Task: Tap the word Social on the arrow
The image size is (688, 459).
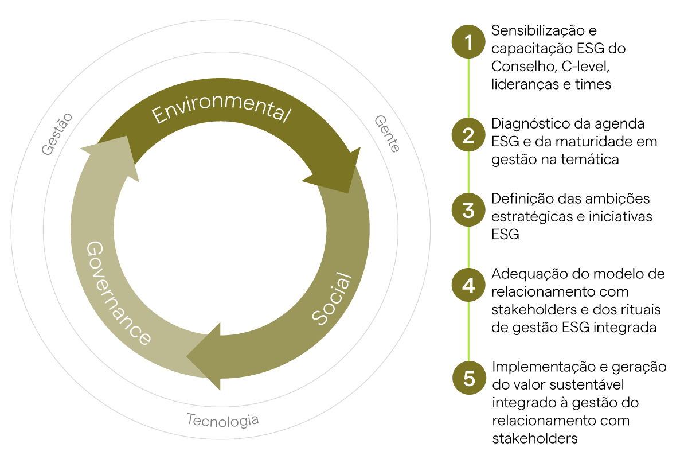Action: (x=332, y=298)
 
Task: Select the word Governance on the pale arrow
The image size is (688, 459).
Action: (x=118, y=293)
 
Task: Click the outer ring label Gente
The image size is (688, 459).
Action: (x=387, y=134)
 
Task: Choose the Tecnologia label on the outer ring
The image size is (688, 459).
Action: (x=222, y=420)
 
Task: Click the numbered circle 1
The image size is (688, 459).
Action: (x=468, y=42)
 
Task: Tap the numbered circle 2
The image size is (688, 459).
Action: (x=468, y=135)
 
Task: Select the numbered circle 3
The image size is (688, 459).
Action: (x=468, y=210)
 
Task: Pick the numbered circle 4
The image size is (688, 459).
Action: (x=468, y=285)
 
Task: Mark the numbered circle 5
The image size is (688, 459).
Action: (x=469, y=379)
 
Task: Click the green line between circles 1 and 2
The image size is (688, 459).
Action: (x=468, y=88)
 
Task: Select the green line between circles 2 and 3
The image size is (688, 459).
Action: (x=468, y=173)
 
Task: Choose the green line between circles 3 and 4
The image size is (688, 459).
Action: (x=468, y=247)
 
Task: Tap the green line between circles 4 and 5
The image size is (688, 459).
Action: (x=468, y=332)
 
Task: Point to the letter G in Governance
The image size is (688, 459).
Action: (x=93, y=250)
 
